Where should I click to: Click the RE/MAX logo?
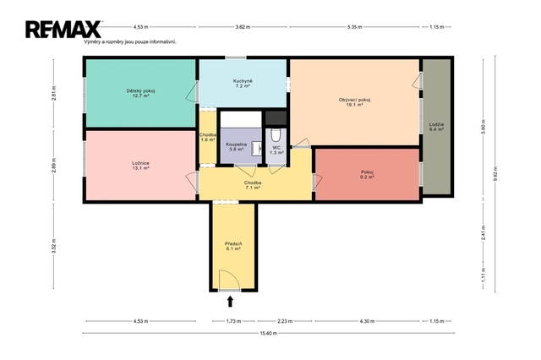[63, 30]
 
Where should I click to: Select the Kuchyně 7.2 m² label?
[243, 84]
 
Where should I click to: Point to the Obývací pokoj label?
[354, 102]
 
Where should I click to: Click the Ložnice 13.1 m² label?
[140, 166]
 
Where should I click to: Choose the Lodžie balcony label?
[436, 127]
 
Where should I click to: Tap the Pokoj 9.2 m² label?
[367, 174]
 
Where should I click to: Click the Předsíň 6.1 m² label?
[233, 246]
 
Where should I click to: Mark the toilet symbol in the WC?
[276, 135]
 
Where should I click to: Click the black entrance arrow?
[230, 302]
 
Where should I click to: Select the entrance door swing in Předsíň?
[229, 280]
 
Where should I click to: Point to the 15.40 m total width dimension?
[268, 333]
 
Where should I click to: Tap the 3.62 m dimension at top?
[243, 27]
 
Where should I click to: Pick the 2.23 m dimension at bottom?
[285, 321]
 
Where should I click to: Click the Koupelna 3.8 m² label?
[236, 147]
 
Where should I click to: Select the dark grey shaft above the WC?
[276, 118]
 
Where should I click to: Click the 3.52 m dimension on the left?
[53, 246]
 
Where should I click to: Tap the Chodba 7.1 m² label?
[253, 185]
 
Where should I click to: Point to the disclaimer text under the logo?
[130, 41]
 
